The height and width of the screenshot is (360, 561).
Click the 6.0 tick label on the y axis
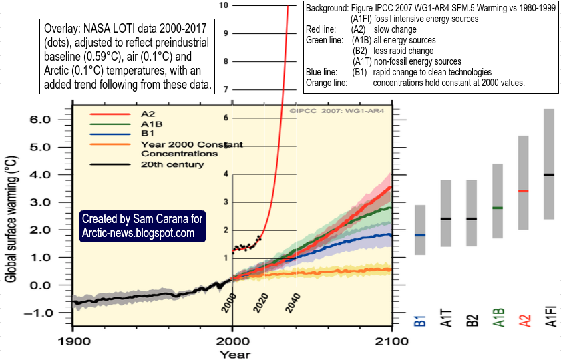click(40, 119)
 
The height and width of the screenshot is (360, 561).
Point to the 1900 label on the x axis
click(74, 341)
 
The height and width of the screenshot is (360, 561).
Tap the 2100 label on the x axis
click(392, 341)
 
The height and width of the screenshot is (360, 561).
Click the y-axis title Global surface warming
click(11, 219)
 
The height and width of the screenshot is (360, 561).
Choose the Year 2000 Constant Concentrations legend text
click(192, 149)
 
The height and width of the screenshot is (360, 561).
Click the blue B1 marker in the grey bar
click(420, 235)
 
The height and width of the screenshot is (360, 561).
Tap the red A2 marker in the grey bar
click(523, 191)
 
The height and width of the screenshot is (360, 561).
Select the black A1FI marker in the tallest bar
click(549, 174)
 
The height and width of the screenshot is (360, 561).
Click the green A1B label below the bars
click(498, 317)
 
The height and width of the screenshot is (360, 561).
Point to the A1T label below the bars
click(447, 318)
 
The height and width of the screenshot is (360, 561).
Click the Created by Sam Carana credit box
click(142, 226)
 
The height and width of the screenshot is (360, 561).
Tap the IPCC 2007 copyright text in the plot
click(337, 111)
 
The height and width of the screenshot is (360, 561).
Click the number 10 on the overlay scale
click(224, 5)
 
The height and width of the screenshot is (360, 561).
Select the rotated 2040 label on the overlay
click(293, 303)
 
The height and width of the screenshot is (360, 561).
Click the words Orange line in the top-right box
click(327, 83)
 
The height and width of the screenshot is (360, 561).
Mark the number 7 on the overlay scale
click(226, 89)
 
